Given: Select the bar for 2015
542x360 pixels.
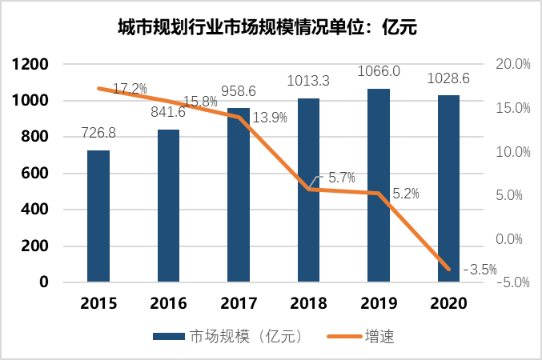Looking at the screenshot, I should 98,216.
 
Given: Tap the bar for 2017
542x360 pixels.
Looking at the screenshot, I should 239,195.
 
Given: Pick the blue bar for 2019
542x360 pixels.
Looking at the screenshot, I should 379,186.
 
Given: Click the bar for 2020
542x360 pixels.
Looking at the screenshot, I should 448,189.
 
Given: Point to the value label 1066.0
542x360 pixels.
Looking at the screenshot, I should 379,72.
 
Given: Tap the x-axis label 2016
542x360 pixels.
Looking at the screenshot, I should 168,304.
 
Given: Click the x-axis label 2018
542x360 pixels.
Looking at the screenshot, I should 308,304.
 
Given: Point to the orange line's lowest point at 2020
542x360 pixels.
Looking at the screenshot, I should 448,269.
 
